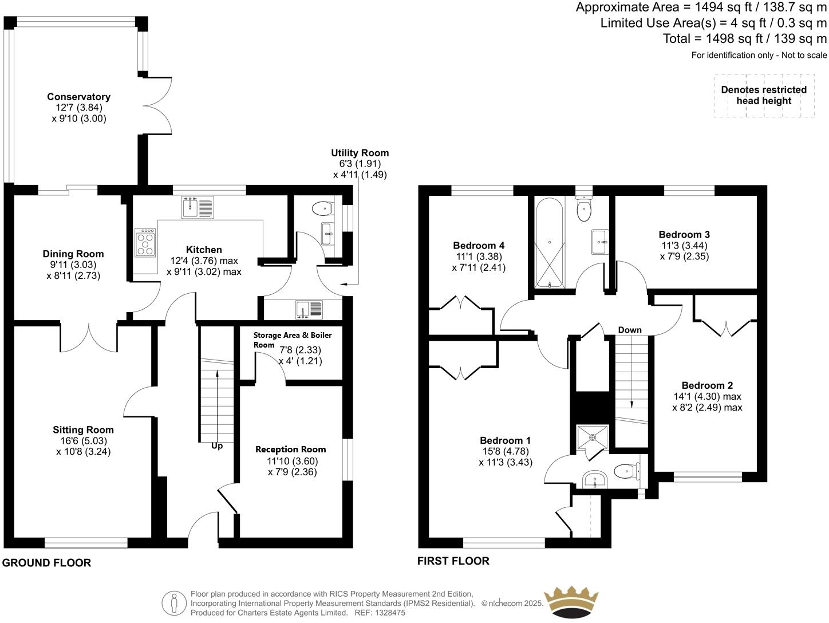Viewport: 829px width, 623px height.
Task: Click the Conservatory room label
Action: tap(78, 97)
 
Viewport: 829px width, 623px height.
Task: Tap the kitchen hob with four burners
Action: tap(145, 242)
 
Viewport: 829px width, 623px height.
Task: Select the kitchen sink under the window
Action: tap(198, 207)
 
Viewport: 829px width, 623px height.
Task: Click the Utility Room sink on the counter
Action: tap(309, 310)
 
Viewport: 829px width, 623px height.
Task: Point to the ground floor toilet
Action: tap(323, 207)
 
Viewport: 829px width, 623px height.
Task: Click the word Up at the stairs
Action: tap(217, 445)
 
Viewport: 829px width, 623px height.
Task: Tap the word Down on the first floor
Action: tap(630, 330)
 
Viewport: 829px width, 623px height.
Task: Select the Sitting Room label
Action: tap(83, 429)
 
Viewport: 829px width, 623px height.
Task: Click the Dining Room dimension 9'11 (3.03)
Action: tap(72, 265)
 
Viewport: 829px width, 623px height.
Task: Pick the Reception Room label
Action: tap(290, 449)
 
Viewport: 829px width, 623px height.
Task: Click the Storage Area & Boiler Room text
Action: tap(292, 339)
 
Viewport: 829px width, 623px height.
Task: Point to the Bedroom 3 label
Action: tap(684, 234)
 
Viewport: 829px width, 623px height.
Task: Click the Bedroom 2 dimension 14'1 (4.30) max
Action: tap(707, 396)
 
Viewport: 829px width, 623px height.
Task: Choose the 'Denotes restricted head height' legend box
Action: tap(764, 96)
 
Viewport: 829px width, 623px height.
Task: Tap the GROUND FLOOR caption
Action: tap(46, 563)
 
